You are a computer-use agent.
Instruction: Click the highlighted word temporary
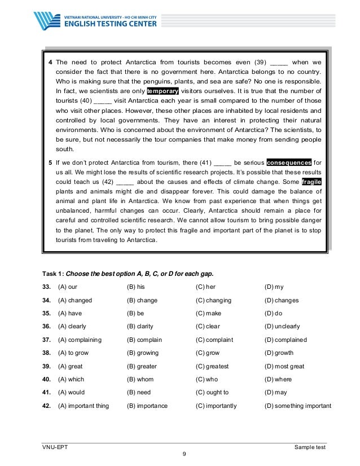click(163, 91)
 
